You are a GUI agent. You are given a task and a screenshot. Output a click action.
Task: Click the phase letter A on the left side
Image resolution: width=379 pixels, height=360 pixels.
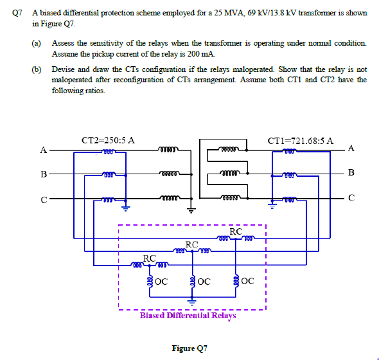pyautogui.click(x=43, y=152)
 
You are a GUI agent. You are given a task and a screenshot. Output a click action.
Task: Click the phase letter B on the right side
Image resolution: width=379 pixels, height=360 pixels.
pyautogui.click(x=351, y=172)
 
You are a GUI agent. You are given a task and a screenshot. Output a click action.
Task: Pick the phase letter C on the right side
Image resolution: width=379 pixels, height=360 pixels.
pyautogui.click(x=351, y=197)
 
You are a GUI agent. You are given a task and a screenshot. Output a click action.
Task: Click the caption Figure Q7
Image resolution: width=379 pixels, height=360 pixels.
pyautogui.click(x=189, y=348)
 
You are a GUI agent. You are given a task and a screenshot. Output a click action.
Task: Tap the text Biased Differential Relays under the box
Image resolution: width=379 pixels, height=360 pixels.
pyautogui.click(x=188, y=316)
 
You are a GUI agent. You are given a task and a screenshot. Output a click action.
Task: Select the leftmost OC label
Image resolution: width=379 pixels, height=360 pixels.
pyautogui.click(x=161, y=281)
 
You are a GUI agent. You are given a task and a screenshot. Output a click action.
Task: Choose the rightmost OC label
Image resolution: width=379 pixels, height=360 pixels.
pyautogui.click(x=248, y=281)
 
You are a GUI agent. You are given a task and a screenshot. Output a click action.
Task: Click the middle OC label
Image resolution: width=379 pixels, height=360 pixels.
pyautogui.click(x=204, y=281)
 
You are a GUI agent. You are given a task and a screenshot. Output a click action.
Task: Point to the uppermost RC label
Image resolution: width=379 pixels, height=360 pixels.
pyautogui.click(x=236, y=231)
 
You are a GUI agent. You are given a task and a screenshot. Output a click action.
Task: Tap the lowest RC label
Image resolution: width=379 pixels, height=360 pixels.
pyautogui.click(x=149, y=258)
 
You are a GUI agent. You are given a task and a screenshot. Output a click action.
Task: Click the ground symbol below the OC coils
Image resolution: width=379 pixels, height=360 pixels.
pyautogui.click(x=191, y=300)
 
